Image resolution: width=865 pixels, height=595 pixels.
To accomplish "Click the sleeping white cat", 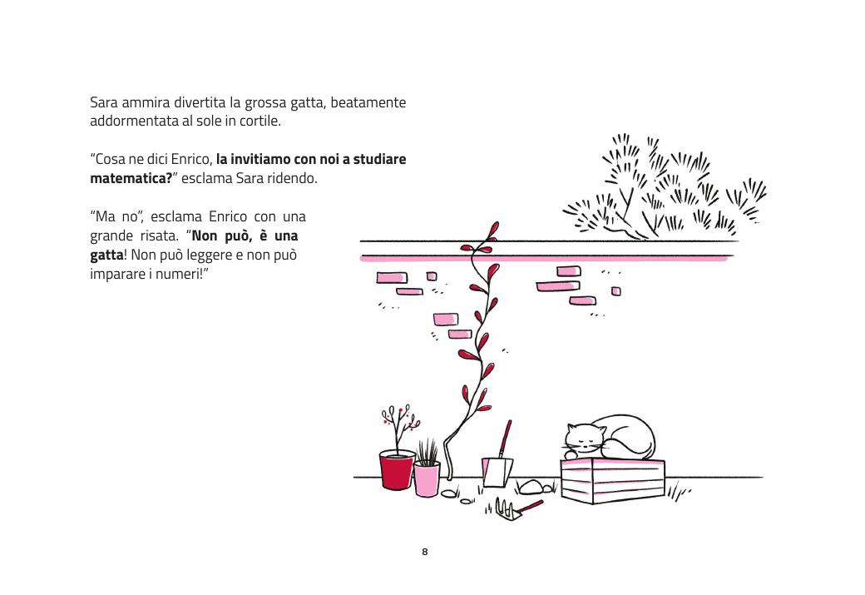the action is coord(610,439).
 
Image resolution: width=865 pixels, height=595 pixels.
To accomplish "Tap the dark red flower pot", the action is coord(397,469).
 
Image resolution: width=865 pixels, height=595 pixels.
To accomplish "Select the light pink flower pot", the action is coord(427,479).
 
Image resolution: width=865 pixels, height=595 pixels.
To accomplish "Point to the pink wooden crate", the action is coord(613,481).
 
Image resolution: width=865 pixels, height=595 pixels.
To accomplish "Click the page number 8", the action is coord(425,552).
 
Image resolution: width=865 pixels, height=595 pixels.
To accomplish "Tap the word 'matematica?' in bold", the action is coord(131,178).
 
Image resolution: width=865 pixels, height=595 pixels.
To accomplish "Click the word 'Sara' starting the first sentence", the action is coord(104,102).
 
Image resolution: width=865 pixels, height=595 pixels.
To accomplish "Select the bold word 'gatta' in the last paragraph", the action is coord(106,255).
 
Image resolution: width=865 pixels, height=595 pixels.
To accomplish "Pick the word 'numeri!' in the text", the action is coord(179,274).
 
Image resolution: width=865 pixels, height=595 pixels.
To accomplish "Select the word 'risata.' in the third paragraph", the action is coord(160,236).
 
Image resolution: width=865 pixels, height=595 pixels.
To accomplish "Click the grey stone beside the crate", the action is coord(531,487).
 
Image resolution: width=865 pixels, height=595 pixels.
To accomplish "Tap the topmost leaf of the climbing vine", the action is coord(494,229).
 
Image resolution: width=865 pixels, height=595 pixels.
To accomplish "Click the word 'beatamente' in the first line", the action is coord(368,102).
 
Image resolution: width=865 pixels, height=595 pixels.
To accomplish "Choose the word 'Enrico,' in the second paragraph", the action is coord(191,160).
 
